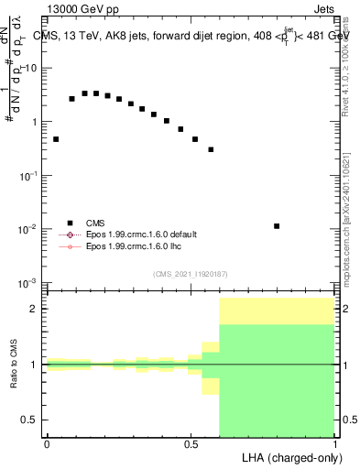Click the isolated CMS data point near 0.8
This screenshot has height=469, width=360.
277,225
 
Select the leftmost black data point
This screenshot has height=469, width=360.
56,139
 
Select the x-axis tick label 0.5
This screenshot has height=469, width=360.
191,444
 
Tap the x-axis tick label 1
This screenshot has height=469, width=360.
335,444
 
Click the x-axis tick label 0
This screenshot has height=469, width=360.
47,444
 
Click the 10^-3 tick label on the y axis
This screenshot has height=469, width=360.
28,282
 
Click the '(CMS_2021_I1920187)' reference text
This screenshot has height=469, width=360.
191,273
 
